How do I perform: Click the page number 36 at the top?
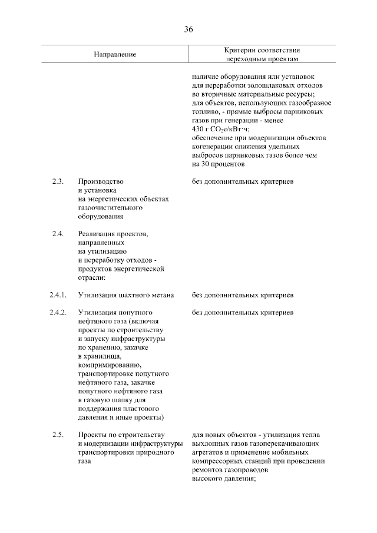pos(188,29)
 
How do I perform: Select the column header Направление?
pos(114,54)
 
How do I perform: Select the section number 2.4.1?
pos(59,294)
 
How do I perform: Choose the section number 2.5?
pos(58,435)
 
